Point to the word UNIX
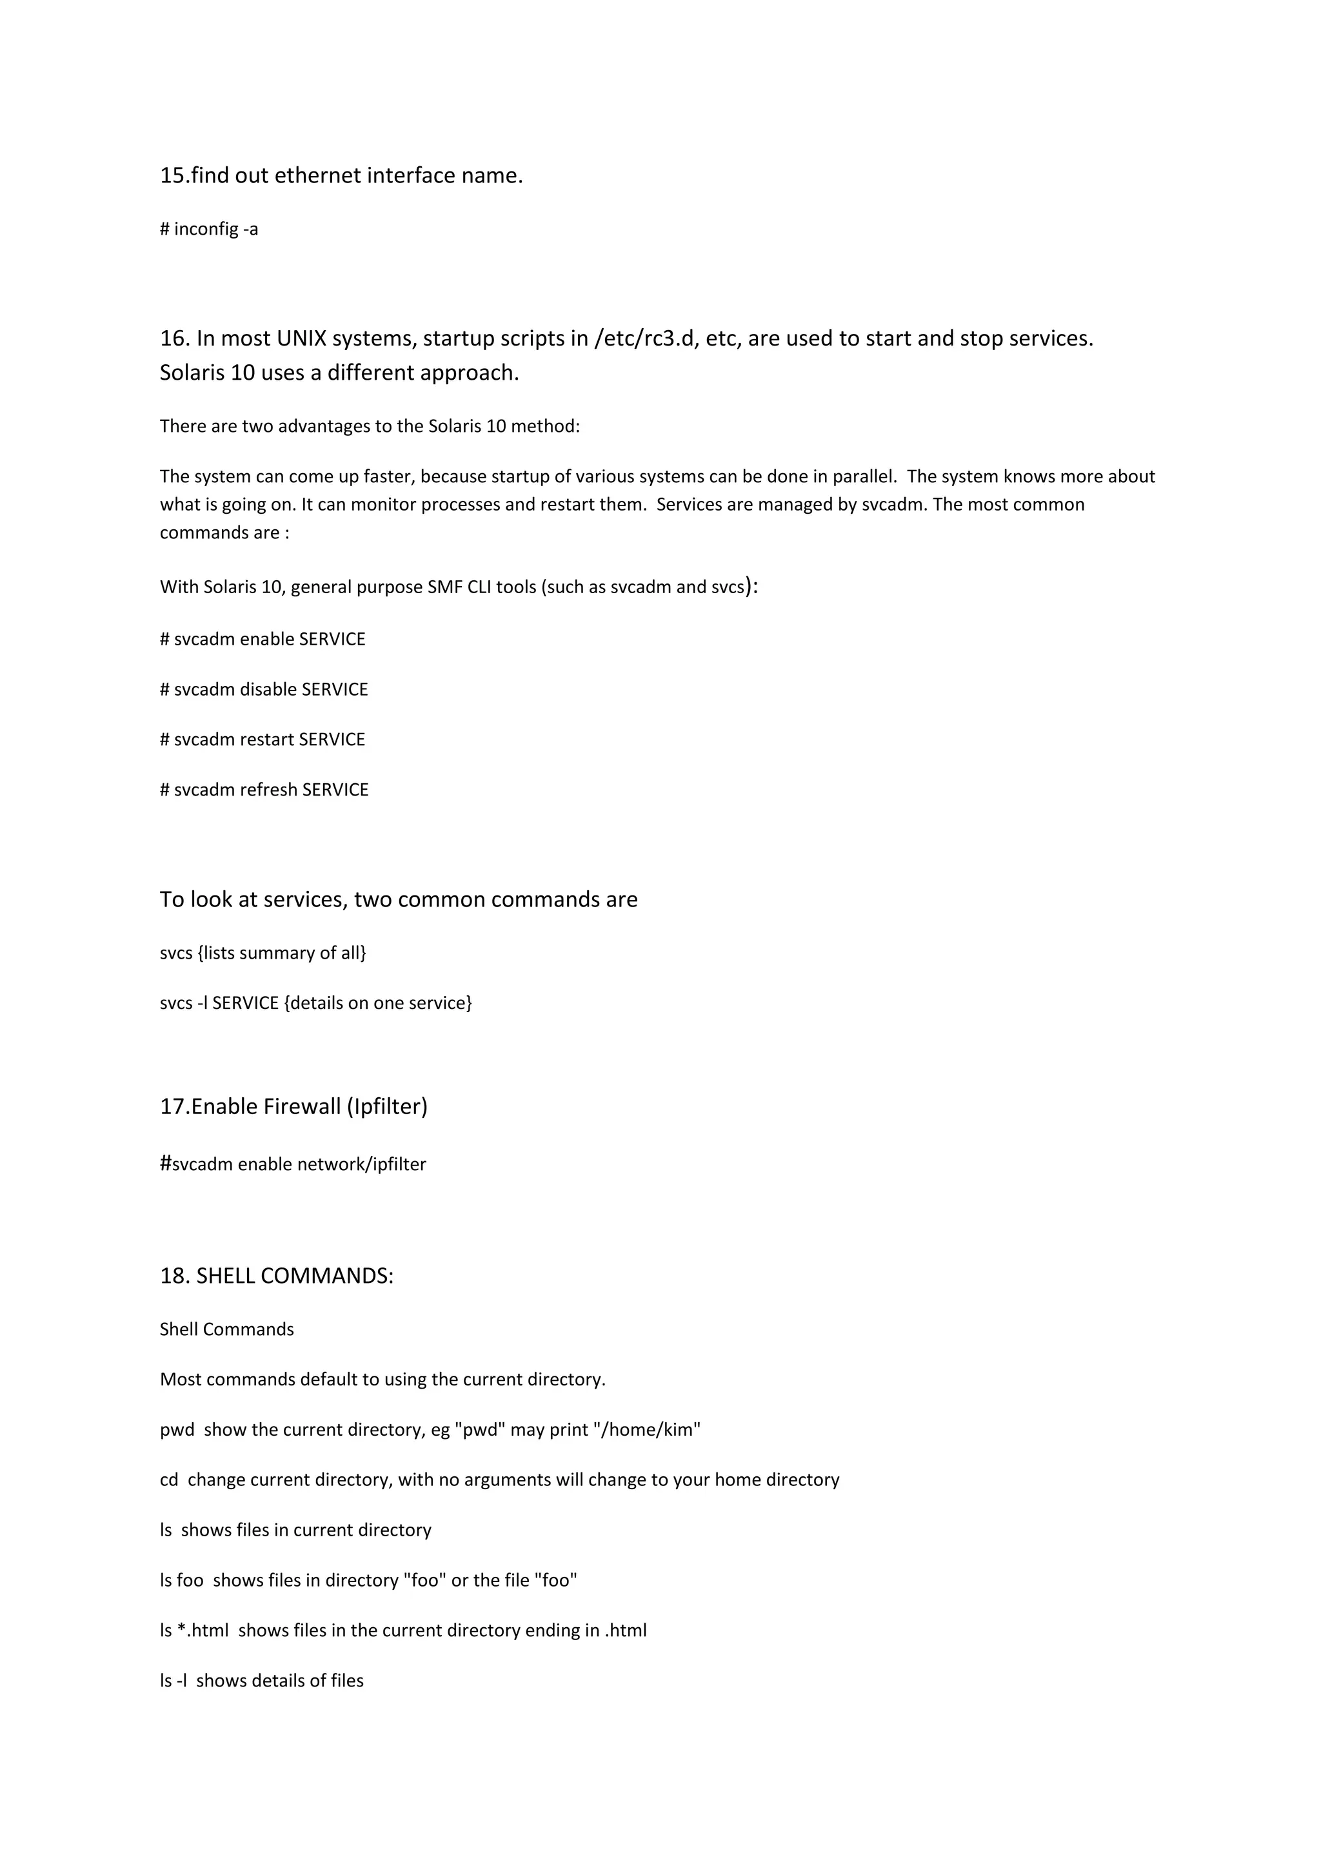(x=302, y=338)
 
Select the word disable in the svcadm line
(x=268, y=690)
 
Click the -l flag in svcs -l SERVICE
(x=203, y=1003)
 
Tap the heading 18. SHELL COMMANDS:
(x=277, y=1276)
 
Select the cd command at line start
(x=168, y=1480)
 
